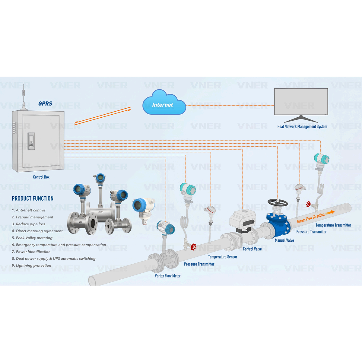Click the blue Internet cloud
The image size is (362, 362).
point(164,103)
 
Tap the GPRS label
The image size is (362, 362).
point(45,103)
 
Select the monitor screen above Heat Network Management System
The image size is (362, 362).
point(301,101)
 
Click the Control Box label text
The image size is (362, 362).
point(41,177)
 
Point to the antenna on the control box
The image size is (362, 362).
point(24,95)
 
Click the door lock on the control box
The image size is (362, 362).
point(31,141)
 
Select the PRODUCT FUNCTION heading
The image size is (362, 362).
point(33,198)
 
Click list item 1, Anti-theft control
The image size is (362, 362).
point(29,210)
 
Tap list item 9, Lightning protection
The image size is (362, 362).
point(32,265)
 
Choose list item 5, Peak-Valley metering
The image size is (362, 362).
point(32,238)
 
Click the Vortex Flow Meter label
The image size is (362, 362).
point(168,276)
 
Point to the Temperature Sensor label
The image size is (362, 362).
point(223,257)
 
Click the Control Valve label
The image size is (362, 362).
point(252,249)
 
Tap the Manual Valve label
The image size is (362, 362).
point(284,240)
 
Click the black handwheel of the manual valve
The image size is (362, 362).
point(278,202)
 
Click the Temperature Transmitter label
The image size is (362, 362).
point(333,225)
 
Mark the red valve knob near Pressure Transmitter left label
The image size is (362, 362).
point(193,247)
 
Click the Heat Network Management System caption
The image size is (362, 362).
point(302,127)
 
